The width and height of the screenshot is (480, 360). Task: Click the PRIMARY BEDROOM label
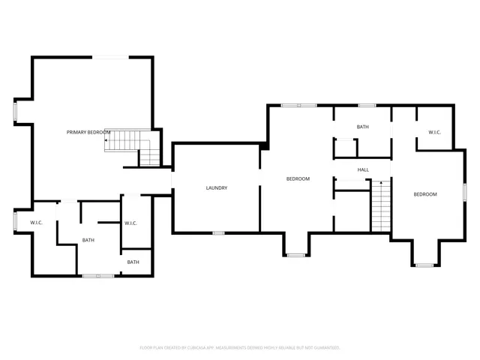point(88,133)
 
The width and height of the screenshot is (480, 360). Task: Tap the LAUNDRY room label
point(217,187)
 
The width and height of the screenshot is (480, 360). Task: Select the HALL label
point(363,170)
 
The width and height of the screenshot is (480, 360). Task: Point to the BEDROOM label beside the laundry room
point(298,179)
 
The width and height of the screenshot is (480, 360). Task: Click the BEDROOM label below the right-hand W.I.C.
point(425,194)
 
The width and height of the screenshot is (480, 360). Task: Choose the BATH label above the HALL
point(363,127)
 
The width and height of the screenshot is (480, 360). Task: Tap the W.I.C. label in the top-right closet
point(434,133)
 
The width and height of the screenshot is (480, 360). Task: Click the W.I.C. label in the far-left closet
point(37,223)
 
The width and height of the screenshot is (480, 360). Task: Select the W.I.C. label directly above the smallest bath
point(130,223)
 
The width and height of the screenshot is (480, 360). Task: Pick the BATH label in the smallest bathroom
point(133,262)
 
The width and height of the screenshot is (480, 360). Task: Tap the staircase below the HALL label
point(382,206)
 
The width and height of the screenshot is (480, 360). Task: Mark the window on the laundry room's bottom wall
point(218,233)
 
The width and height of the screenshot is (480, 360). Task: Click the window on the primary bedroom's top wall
point(109,57)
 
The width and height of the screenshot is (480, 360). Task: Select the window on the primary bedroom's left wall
point(15,110)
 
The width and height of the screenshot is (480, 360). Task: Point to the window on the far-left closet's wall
point(15,222)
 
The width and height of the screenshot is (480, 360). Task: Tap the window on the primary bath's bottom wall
point(98,276)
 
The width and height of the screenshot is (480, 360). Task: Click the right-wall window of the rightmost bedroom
point(465,194)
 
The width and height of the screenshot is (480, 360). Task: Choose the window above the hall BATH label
point(367,105)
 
